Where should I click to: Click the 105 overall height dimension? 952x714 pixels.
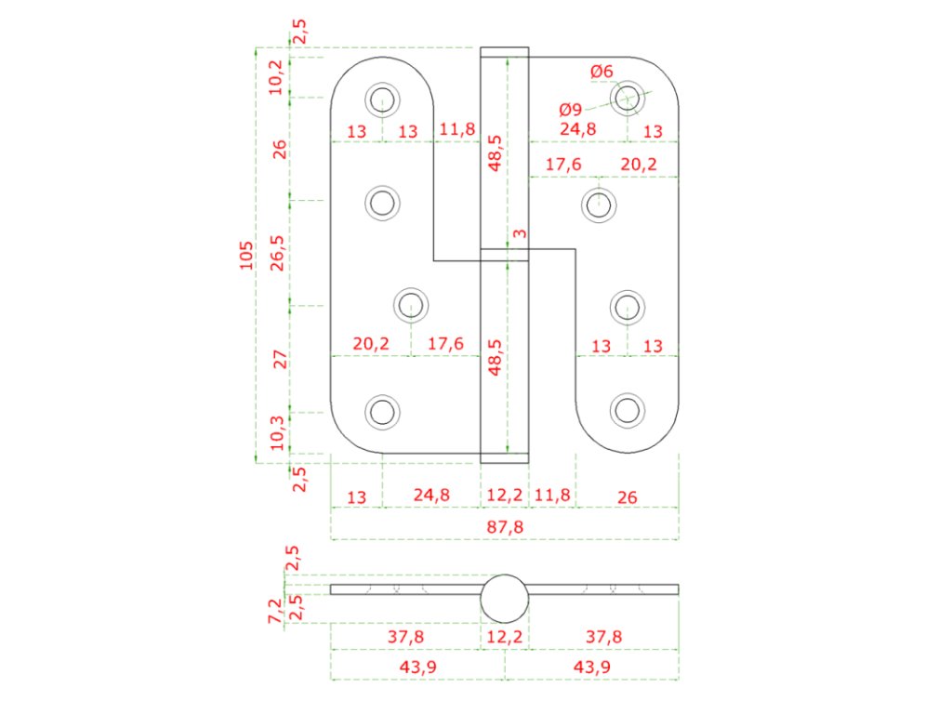[x=245, y=254]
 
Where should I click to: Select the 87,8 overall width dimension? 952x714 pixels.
[x=504, y=527]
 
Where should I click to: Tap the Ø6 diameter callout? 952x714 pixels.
[x=602, y=72]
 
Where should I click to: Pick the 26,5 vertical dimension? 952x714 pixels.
[x=277, y=252]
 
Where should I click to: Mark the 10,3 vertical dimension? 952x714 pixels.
[x=277, y=432]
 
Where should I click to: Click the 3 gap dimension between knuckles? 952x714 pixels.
[x=519, y=233]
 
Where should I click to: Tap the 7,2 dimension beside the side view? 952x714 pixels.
[x=275, y=610]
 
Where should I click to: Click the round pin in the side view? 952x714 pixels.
[x=504, y=598]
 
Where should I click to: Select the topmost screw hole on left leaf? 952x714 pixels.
[x=381, y=98]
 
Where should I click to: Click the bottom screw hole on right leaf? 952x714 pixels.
[x=628, y=410]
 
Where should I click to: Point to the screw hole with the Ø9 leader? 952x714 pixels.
[x=628, y=96]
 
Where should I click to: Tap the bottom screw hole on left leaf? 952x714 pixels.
[x=381, y=410]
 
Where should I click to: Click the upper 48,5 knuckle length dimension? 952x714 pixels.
[x=495, y=152]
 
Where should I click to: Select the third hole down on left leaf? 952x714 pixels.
[x=410, y=303]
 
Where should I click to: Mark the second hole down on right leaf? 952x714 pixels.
[x=600, y=203]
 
